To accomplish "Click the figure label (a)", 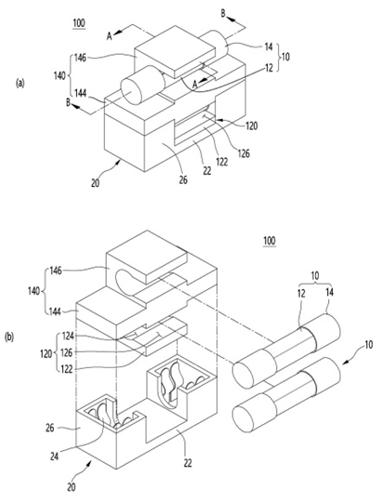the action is pyautogui.click(x=20, y=84).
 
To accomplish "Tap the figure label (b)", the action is pyautogui.click(x=9, y=338).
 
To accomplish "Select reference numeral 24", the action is pyautogui.click(x=55, y=456).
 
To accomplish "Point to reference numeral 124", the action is pyautogui.click(x=68, y=337).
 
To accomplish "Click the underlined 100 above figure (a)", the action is pyautogui.click(x=79, y=23).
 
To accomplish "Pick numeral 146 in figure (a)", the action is pyautogui.click(x=80, y=58).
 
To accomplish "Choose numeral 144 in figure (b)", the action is pyautogui.click(x=55, y=311).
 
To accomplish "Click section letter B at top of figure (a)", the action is pyautogui.click(x=224, y=13).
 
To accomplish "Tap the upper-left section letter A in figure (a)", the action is pyautogui.click(x=110, y=36).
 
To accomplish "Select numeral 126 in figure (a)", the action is pyautogui.click(x=244, y=153).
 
